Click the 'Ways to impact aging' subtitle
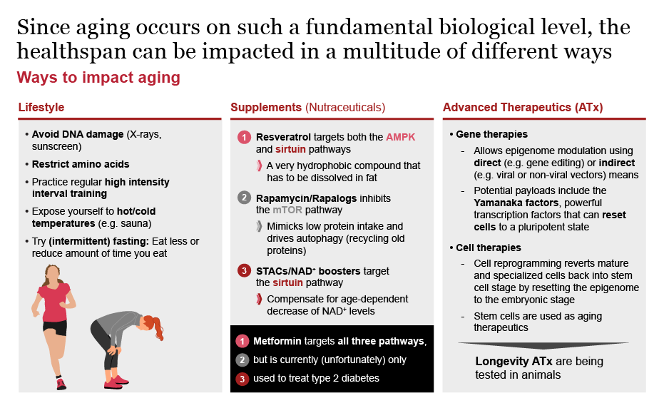pyautogui.click(x=98, y=77)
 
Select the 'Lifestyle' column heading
pyautogui.click(x=41, y=108)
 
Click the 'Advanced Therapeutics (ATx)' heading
pyautogui.click(x=522, y=108)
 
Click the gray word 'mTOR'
pyautogui.click(x=287, y=210)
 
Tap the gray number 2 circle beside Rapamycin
pyautogui.click(x=243, y=198)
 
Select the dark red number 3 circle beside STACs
pyautogui.click(x=243, y=270)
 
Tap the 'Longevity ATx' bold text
pyautogui.click(x=511, y=361)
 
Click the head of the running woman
pyautogui.click(x=54, y=272)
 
